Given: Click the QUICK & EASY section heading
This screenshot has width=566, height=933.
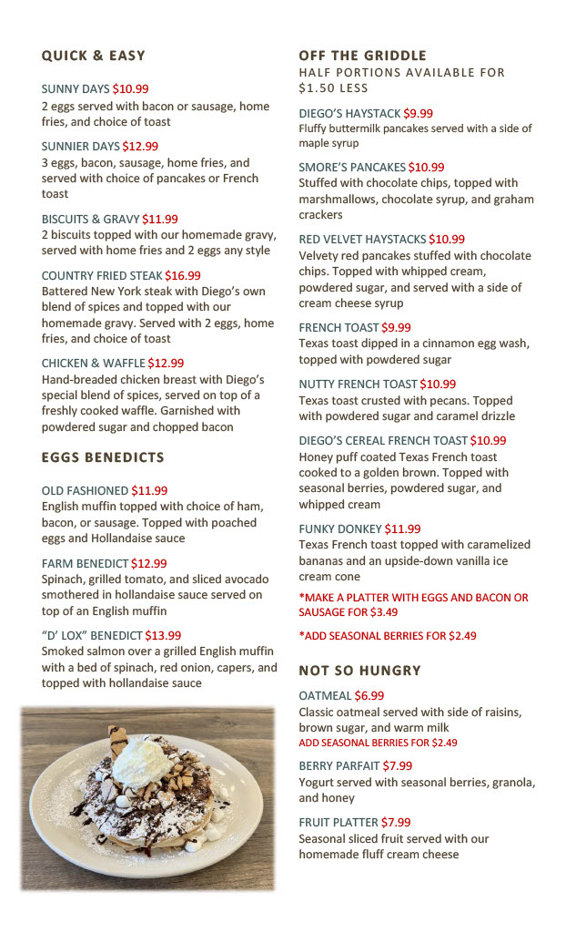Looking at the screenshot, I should click(x=93, y=56).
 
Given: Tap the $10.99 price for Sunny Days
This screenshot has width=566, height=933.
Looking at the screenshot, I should click(x=130, y=89).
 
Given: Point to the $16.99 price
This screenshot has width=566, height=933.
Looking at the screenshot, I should click(x=183, y=275).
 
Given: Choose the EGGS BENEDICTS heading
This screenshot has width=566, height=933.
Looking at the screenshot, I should click(x=103, y=457).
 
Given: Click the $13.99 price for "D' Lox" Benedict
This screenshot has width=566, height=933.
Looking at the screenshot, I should click(x=163, y=635).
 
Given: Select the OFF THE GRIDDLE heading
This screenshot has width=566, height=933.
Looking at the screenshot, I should click(x=362, y=56).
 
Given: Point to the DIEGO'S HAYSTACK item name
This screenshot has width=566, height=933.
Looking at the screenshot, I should click(x=349, y=114).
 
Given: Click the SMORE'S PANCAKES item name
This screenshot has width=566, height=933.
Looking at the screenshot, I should click(x=352, y=167).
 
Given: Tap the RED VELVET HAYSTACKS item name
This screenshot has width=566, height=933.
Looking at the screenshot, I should click(x=362, y=239).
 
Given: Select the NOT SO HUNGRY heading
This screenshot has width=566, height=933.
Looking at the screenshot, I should click(x=359, y=671).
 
